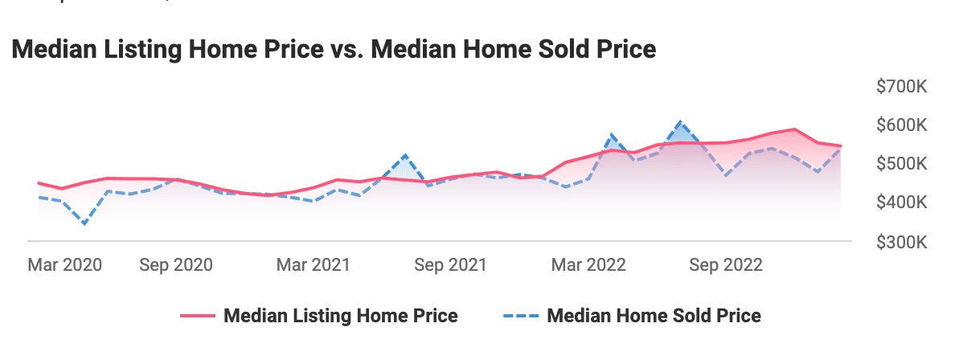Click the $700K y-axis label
coord(901,88)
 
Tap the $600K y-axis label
coord(901,126)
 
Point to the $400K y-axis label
coord(901,203)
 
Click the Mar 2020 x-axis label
coord(65,265)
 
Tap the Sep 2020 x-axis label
coord(176,265)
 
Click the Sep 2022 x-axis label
coord(726,265)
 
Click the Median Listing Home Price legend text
coord(340,316)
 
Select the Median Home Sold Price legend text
coord(654,316)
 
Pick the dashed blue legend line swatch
coord(518,316)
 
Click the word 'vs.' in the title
coord(415,50)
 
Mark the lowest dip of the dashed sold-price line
coord(84,224)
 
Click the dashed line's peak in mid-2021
coord(405,155)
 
